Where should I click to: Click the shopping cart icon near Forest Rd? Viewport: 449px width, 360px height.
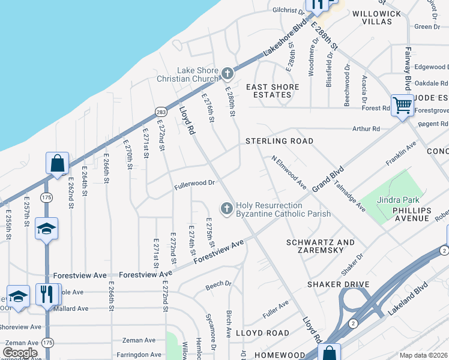point(403,106)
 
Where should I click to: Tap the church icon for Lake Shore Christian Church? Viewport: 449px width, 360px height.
point(228,74)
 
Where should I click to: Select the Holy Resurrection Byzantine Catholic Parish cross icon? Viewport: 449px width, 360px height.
point(227,208)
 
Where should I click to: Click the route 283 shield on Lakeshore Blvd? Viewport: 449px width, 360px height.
point(160,111)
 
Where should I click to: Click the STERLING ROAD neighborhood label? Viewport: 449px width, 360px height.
point(279,141)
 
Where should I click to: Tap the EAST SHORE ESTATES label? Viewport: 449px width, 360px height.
point(273,91)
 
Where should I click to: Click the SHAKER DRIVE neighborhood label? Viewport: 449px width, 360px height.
point(336,284)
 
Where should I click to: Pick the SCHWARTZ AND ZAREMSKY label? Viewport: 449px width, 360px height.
point(321,247)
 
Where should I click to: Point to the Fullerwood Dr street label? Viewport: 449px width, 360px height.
point(194,182)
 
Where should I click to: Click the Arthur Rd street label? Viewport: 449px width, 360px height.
point(366,128)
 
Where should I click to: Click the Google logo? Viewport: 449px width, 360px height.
point(20,352)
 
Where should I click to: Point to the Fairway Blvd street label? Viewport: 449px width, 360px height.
point(408,67)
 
